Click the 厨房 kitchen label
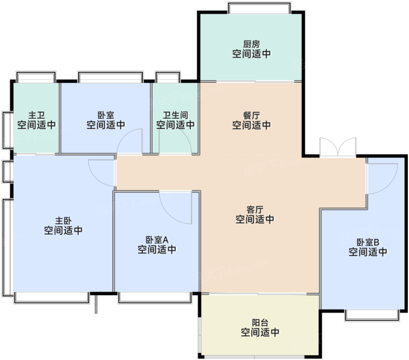click(x=252, y=44)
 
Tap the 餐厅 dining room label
click(x=252, y=115)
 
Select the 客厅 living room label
click(x=255, y=209)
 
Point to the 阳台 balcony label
click(x=260, y=323)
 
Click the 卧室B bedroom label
click(x=368, y=242)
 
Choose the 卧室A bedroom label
click(x=157, y=240)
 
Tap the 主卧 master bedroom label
click(x=63, y=221)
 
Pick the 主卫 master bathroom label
click(x=37, y=115)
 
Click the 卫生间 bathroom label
click(x=175, y=115)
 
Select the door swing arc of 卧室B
click(x=389, y=186)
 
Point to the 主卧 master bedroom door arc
click(x=97, y=179)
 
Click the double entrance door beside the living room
click(x=338, y=148)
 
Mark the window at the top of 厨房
click(x=259, y=8)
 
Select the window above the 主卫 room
click(x=36, y=77)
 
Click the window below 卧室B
click(x=372, y=315)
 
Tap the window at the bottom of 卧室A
click(x=155, y=298)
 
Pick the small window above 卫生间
click(x=168, y=77)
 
